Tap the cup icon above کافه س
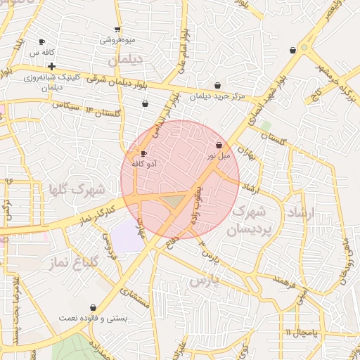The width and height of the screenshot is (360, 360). pos(41,42)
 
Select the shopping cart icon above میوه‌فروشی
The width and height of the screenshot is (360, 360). pos(117,30)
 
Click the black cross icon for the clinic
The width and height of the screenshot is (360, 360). pos(52,66)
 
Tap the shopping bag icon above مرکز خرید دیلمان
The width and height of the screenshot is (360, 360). pos(218,84)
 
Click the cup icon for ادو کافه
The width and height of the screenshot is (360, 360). pos(144,153)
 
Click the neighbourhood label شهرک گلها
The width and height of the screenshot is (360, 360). pos(77,189)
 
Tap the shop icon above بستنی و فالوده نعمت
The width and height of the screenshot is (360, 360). pos(94,307)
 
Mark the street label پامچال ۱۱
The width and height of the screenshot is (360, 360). pos(302,331)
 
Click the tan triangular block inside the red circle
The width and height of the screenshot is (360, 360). pos(173,202)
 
